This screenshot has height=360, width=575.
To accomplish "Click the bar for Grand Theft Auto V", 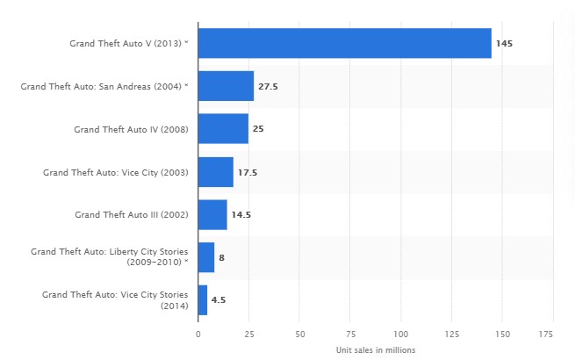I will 344,43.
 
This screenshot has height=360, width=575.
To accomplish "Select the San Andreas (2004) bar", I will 226,86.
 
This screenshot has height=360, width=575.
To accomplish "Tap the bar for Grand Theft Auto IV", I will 223,129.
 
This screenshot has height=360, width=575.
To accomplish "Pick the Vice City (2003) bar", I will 215,172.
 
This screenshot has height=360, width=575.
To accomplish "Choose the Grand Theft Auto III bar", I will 212,214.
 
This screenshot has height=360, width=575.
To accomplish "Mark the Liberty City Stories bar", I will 206,257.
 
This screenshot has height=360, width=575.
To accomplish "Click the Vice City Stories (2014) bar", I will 203,300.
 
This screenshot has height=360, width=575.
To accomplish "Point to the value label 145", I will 504,43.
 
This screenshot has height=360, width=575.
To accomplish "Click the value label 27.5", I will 267,86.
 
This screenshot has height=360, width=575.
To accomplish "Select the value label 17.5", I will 248,172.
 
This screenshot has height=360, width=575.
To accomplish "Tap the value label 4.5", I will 219,300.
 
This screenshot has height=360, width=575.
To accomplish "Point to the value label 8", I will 221,257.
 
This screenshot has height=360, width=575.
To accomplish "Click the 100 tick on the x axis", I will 401,335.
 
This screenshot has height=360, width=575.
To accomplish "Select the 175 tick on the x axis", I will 553,335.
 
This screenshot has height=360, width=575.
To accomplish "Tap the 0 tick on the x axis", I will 198,335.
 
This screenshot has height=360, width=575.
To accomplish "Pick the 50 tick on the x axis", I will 299,335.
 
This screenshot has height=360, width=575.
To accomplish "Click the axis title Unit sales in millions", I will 375,349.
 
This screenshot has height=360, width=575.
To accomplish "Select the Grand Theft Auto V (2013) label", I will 129,43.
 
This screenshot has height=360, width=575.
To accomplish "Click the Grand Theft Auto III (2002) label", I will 132,214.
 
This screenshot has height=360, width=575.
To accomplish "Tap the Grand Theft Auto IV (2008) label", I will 132,129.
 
